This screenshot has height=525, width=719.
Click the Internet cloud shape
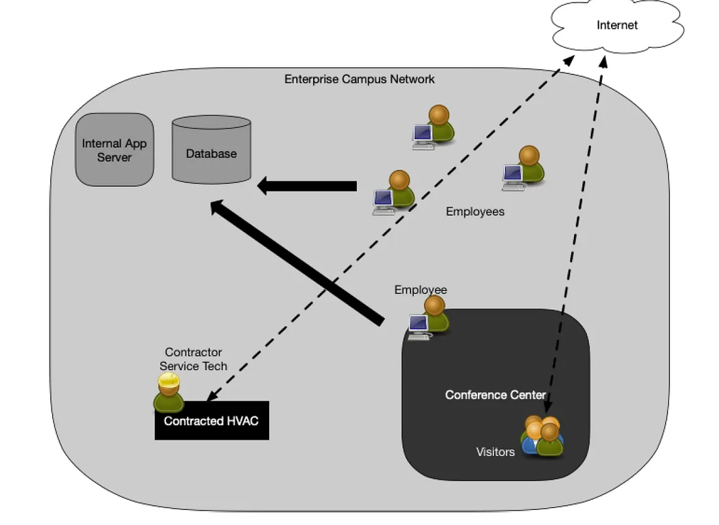coord(616,26)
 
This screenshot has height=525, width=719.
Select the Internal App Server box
coord(114,150)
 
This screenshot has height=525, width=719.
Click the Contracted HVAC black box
coord(212,421)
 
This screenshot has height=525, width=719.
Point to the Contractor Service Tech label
coord(193,359)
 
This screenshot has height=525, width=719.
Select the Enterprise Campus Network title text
coord(359,79)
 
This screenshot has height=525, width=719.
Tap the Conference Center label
coord(495,395)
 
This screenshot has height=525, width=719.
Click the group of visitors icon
coord(542,435)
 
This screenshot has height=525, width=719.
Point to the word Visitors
coord(495,452)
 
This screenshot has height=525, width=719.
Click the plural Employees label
coord(475,212)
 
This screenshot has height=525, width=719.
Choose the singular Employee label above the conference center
coord(420,290)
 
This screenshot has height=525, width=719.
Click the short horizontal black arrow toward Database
coord(307,186)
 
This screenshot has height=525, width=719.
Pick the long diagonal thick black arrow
coord(297,262)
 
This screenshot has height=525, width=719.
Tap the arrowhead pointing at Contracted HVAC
coord(211,398)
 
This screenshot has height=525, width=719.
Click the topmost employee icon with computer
coord(433,127)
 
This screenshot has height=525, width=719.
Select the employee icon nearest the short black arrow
coord(393,192)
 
